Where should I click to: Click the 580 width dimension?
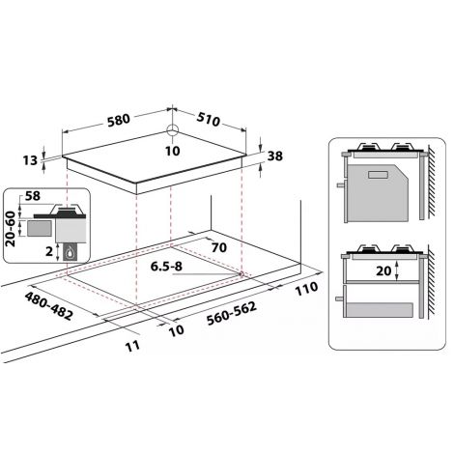pos(119,120)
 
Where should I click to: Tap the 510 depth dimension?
pos(209,119)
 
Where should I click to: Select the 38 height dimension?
pos(275,156)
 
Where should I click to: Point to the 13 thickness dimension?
pos(30,160)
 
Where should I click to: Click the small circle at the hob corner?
pos(173,130)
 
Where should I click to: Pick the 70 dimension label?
pos(219,247)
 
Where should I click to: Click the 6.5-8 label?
pos(166,267)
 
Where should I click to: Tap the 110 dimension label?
pos(306,288)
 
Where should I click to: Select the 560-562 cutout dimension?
pos(232,313)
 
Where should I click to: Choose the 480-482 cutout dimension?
pos(49,306)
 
